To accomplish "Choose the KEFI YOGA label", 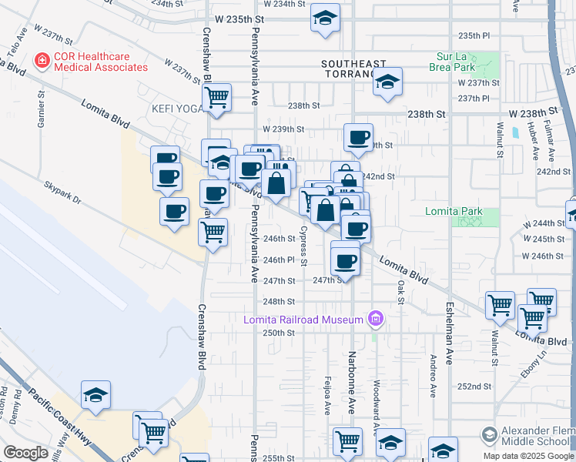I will coord(175,109).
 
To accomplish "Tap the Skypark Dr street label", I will coord(62,192).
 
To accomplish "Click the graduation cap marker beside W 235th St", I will coord(326,18).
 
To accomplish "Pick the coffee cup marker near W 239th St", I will coord(358,139).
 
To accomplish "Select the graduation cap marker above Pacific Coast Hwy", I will coord(96,396).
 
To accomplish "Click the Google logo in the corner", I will coord(26,453).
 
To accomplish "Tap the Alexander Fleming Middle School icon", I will coord(488,436).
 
